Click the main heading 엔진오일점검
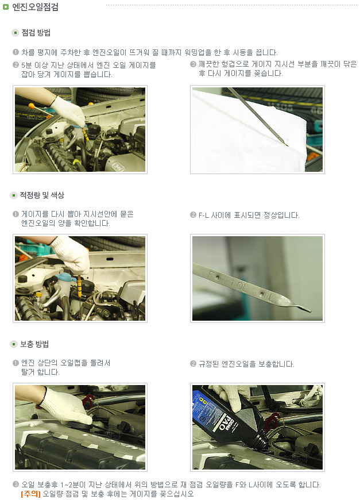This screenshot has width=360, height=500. [35, 7]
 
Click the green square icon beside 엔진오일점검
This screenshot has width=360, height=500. [5, 7]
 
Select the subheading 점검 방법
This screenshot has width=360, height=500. [36, 33]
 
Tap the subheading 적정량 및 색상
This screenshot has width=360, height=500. [42, 195]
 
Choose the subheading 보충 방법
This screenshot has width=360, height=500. [34, 344]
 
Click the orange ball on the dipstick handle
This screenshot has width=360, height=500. [31, 106]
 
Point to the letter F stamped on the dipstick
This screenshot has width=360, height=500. [211, 274]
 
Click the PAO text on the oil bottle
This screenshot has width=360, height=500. [226, 423]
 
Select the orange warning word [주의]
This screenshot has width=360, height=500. [30, 494]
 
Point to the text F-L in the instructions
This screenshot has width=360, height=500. [204, 216]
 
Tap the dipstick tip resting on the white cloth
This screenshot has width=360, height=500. [286, 144]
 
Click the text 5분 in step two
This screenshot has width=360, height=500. [26, 65]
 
